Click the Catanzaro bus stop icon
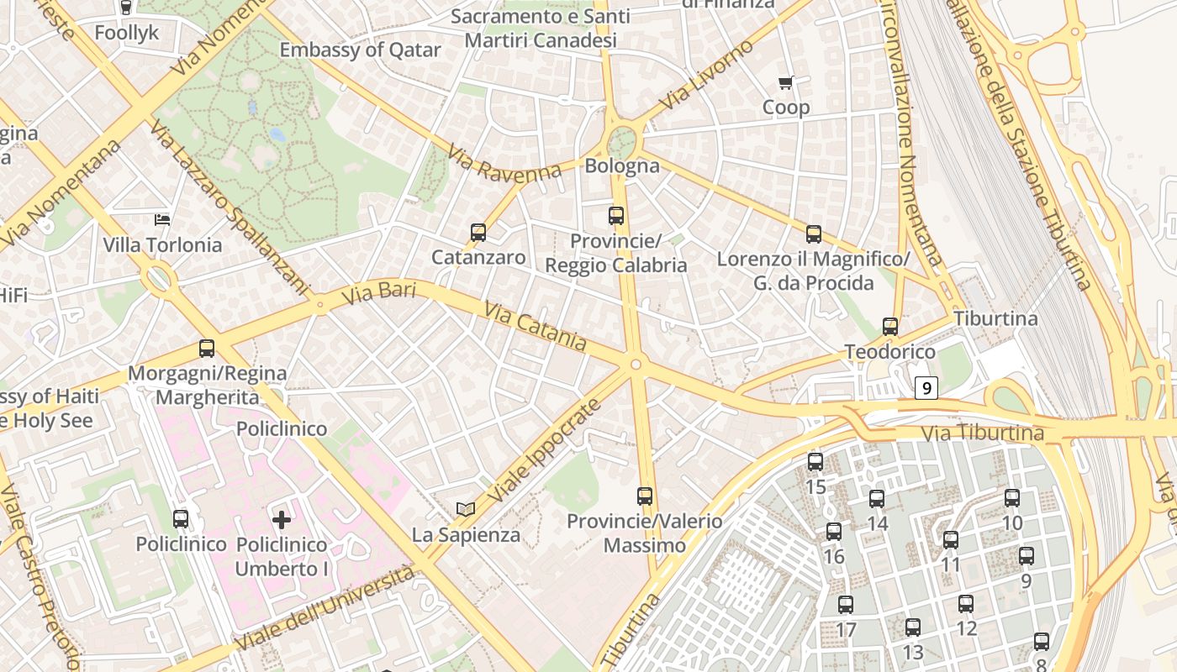coord(478,233)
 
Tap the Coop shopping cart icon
coord(786,82)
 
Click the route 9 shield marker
coord(926,388)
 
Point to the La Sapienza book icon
coord(466,509)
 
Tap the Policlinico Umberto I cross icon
coord(282,519)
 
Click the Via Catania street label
coord(535,326)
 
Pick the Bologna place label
coord(622,165)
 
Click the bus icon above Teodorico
coord(890,327)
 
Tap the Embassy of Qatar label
coord(360,50)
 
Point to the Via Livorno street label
coord(706,75)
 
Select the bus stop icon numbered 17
coord(846,605)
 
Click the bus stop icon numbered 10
coord(1012,498)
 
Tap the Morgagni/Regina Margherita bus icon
coord(207,348)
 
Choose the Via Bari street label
coord(379,294)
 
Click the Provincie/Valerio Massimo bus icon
coord(645,496)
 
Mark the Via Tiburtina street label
coord(983,434)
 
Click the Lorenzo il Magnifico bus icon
coord(814,234)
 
